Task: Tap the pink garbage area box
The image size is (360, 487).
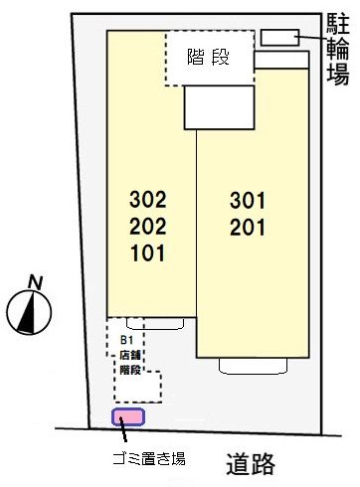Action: (x=127, y=416)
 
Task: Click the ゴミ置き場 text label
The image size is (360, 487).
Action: (x=143, y=459)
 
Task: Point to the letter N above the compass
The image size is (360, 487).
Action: (x=34, y=281)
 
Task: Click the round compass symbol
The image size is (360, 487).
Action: (x=28, y=312)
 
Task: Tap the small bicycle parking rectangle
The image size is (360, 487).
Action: (x=279, y=38)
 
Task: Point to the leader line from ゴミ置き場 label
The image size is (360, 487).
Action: (x=125, y=434)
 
